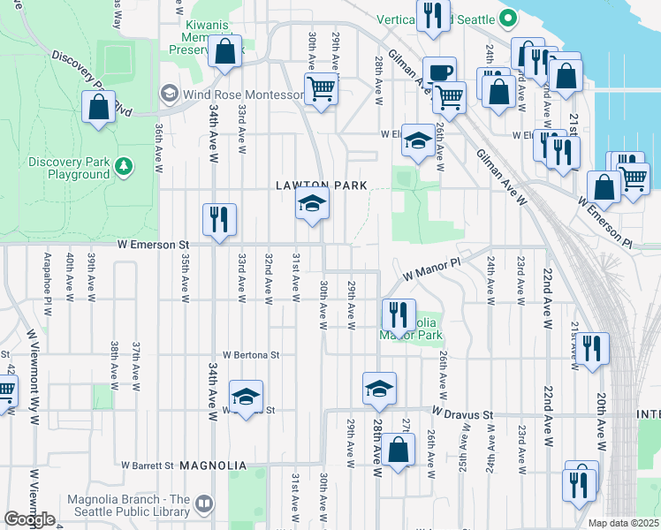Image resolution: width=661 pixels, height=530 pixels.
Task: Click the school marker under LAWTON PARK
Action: tap(312, 205)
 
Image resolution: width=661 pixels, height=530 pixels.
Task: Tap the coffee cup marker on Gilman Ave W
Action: tap(438, 72)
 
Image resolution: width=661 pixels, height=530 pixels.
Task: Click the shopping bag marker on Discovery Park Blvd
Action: tap(98, 108)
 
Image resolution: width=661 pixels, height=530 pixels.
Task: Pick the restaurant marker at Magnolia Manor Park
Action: tap(399, 314)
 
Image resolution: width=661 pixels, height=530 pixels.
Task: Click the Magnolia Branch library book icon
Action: tap(204, 503)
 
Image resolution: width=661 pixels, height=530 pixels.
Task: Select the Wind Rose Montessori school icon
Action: tap(169, 94)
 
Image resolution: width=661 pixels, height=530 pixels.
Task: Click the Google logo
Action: tap(30, 519)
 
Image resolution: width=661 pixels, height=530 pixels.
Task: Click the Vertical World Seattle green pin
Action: tap(508, 18)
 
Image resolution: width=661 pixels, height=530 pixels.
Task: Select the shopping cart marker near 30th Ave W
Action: tap(321, 88)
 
